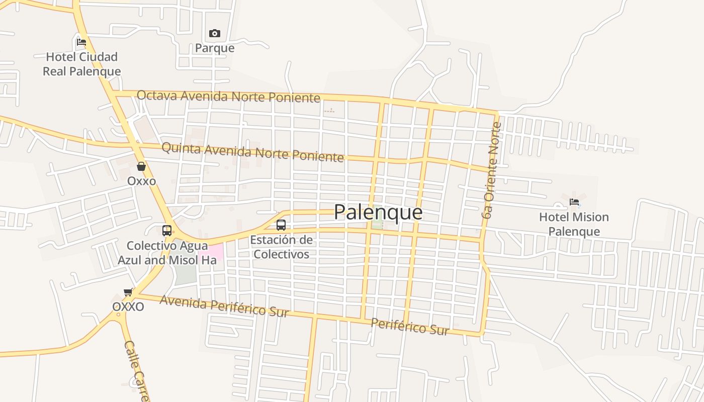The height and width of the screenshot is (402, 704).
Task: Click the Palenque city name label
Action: coord(378,212)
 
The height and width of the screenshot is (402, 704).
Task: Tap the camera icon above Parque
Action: coord(215,34)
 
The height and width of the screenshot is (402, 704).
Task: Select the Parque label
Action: coord(215,48)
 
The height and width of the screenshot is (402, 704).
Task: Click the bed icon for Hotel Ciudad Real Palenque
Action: coord(81,42)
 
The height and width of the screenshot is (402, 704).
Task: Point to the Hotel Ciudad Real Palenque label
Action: coord(81,64)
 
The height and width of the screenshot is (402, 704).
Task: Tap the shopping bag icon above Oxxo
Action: coord(141,166)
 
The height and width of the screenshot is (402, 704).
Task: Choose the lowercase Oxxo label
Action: coord(141,181)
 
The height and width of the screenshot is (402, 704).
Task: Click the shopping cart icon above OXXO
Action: coord(128,292)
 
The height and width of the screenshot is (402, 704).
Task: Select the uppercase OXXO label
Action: coord(128,307)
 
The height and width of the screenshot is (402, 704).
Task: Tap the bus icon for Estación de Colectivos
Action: coord(281,225)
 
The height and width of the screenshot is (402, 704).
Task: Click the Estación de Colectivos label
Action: coord(281,247)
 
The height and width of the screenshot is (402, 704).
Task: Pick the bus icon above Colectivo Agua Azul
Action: coord(167,231)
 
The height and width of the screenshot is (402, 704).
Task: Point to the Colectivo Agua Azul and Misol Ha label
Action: coord(167,253)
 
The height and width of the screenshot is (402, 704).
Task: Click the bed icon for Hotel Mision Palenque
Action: coord(574,203)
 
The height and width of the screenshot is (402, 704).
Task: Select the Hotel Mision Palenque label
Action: coord(574,224)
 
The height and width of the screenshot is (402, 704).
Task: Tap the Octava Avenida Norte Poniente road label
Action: coord(228,96)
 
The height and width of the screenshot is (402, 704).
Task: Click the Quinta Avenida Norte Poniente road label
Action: coord(252,152)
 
